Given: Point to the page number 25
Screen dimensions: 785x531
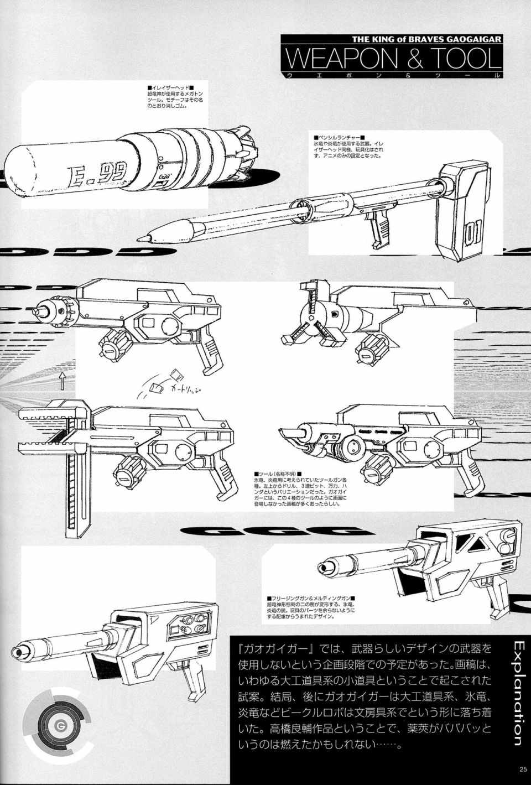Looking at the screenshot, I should point(523,768).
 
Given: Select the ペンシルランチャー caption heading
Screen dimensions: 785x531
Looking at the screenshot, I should point(337,137).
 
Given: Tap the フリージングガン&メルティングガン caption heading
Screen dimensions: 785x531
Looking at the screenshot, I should point(310,599).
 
